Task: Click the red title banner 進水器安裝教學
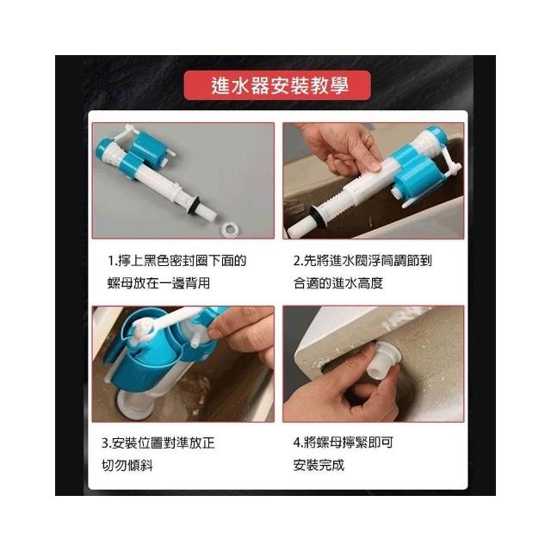click(x=277, y=85)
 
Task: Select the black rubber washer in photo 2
click(x=319, y=216)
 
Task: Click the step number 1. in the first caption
click(x=113, y=261)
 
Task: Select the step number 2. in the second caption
click(x=299, y=261)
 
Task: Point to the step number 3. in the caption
click(x=107, y=443)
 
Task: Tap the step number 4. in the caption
click(x=299, y=443)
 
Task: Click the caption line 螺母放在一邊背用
click(x=158, y=283)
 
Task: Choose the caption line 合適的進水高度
click(x=338, y=283)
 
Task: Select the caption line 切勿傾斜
click(x=127, y=465)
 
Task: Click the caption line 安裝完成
click(x=319, y=465)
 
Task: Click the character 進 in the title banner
click(x=220, y=85)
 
